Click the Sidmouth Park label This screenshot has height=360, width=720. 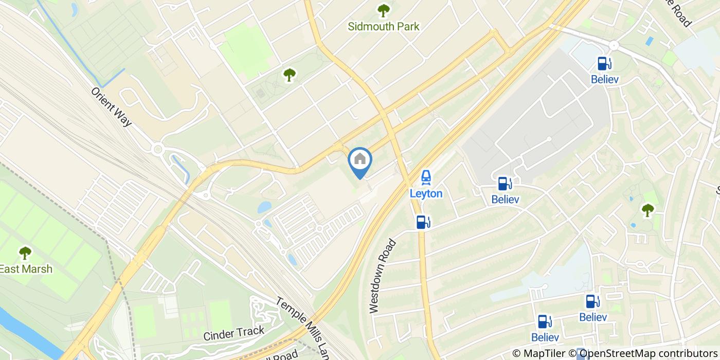point(383,26)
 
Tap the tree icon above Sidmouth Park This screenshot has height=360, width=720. point(383,10)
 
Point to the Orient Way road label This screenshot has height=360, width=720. point(112,106)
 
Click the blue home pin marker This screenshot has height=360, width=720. point(360,161)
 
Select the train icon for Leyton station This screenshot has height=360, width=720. point(426,178)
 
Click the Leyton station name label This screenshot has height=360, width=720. point(426,193)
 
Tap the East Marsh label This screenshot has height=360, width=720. point(26,269)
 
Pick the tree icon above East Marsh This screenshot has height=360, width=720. point(25,253)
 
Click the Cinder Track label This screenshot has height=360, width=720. point(233,333)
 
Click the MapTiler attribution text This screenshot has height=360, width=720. point(538,353)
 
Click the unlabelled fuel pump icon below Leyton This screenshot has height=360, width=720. point(423,222)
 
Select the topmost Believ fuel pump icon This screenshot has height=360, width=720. point(604,64)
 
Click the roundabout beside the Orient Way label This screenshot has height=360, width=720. point(158,150)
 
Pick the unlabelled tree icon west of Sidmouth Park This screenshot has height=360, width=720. point(290,75)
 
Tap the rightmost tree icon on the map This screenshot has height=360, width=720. point(647,210)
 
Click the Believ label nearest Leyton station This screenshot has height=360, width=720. point(505,200)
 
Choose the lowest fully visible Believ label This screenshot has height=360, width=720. point(545,337)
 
